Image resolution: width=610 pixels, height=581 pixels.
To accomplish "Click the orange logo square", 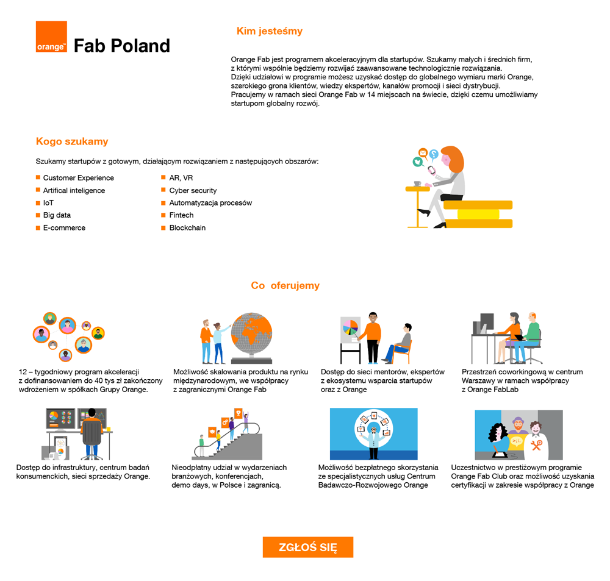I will click(51, 37).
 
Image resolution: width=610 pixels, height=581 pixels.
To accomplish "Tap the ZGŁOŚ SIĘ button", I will click(307, 547).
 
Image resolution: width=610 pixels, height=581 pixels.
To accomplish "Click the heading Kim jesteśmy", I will click(269, 31).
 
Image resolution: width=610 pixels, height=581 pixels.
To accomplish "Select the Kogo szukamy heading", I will click(72, 141).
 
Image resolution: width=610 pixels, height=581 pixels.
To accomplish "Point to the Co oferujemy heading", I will click(285, 285).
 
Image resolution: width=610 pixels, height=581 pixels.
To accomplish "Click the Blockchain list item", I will click(187, 228).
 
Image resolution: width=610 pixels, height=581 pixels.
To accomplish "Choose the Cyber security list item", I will click(193, 191).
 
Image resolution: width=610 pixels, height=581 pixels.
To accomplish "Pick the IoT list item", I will click(48, 203).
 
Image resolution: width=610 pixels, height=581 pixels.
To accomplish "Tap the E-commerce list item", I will click(64, 228).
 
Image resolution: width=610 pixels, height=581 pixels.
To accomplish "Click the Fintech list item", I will click(181, 215).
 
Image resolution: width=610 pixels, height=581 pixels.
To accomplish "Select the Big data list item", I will click(57, 215).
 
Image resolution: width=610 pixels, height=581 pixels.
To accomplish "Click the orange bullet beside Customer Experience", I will click(38, 177).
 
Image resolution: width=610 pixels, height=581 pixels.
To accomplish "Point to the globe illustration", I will click(251, 338).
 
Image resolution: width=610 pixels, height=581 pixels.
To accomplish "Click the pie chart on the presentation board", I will click(350, 327).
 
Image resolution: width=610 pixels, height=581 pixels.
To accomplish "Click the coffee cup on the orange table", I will click(417, 184).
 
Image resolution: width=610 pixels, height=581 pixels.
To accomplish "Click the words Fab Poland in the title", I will click(121, 46).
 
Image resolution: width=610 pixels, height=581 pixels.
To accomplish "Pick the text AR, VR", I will click(181, 178).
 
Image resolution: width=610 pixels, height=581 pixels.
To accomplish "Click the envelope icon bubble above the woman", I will click(422, 152).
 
